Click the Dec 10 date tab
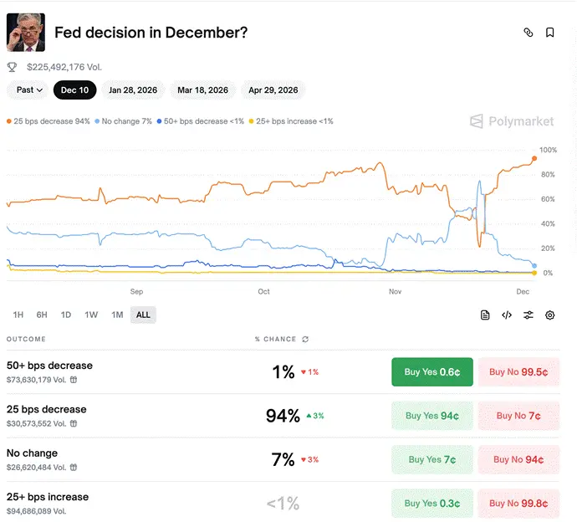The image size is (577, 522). coord(74,90)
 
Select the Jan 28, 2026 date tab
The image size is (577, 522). coord(133,90)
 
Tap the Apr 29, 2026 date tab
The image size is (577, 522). coord(273,90)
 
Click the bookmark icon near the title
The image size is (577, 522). coord(549,33)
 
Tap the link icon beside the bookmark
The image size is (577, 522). coord(528,33)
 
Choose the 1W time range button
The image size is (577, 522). coord(91,315)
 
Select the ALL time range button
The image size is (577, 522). coord(143,315)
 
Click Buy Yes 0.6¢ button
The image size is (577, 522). coord(432,371)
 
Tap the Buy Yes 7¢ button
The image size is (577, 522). coord(432,459)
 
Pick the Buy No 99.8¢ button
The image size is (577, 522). coord(518,504)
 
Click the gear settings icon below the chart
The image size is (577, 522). coord(549,315)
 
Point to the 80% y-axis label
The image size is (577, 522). coord(548,175)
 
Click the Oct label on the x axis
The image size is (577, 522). coord(263,292)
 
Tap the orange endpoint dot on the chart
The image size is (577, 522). coord(534,158)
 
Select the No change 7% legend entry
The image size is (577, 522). coord(123,121)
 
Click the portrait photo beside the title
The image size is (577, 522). coord(26,33)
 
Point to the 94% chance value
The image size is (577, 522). coord(283,416)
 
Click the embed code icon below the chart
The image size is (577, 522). coord(507,315)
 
